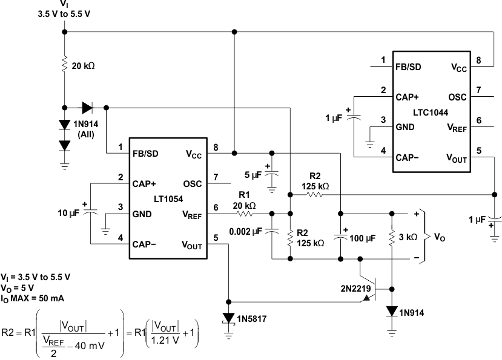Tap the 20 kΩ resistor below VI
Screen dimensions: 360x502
point(64,65)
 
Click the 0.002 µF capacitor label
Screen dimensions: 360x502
point(245,231)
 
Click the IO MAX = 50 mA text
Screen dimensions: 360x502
point(33,298)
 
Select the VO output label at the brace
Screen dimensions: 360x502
point(439,237)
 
